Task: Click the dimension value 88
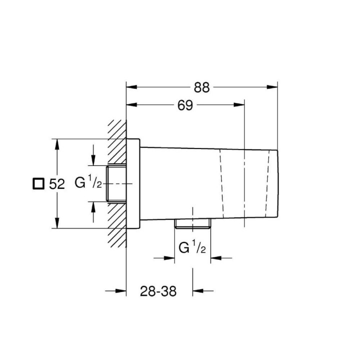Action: pos(201,87)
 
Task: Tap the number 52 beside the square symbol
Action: pos(57,184)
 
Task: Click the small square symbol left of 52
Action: pos(37,183)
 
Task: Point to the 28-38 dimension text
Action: pos(159,291)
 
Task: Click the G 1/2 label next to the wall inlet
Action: pos(88,183)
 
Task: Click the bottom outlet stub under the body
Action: pos(192,224)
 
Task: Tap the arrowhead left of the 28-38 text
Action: pos(120,291)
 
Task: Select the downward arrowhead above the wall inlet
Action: pos(93,160)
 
